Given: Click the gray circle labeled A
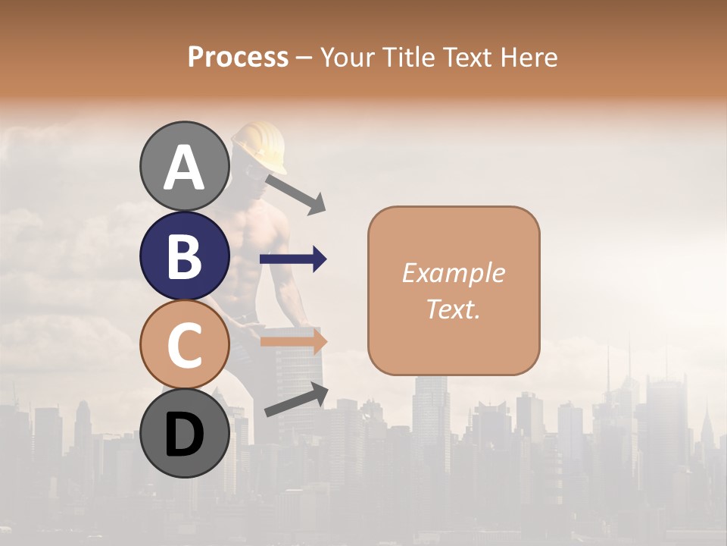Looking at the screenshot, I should click(184, 166).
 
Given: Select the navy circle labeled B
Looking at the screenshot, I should click(184, 256).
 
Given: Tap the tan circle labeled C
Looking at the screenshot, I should click(184, 344).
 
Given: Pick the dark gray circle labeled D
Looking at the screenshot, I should click(184, 433).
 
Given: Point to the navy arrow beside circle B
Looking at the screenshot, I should click(293, 259).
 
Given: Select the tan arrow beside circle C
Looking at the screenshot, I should click(293, 341).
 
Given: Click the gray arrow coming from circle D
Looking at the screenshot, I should click(297, 400).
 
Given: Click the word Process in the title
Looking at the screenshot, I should click(238, 57).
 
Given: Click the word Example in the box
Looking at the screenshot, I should click(453, 273).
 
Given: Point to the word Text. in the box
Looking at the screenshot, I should click(453, 309).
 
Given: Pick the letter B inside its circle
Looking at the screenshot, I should click(184, 256).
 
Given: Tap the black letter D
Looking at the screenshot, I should click(184, 434).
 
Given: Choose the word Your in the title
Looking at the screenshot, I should click(347, 57).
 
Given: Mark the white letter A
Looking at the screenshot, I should click(184, 167).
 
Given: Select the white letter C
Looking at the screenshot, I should click(184, 345).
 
